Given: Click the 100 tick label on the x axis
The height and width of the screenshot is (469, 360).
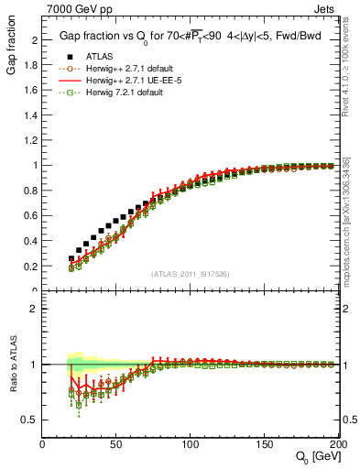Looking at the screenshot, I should click(191, 444).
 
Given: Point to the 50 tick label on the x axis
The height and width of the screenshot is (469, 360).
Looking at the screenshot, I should click(116, 444).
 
